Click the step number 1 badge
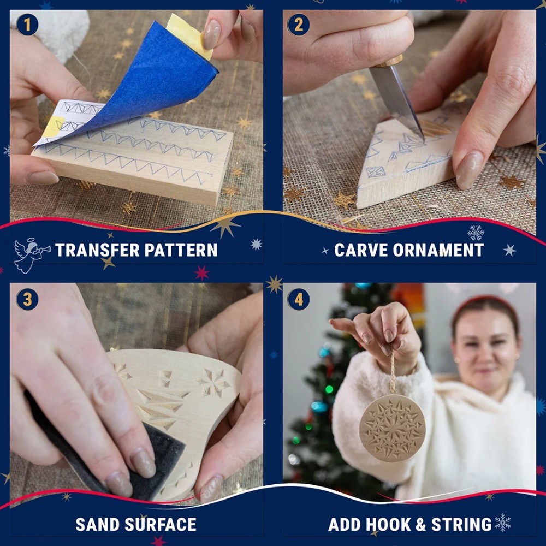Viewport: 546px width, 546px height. pyautogui.click(x=27, y=25)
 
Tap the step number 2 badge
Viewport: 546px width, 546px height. pyautogui.click(x=299, y=25)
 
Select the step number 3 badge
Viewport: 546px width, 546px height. pyautogui.click(x=27, y=299)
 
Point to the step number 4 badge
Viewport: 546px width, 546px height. pyautogui.click(x=299, y=299)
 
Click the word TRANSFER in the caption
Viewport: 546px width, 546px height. pyautogui.click(x=97, y=250)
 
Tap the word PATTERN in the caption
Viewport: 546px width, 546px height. pyautogui.click(x=181, y=250)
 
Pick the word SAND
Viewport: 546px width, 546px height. pyautogui.click(x=98, y=524)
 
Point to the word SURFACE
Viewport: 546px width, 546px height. pyautogui.click(x=161, y=524)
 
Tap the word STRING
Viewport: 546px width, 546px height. pyautogui.click(x=461, y=524)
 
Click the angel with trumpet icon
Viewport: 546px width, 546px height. pyautogui.click(x=31, y=254)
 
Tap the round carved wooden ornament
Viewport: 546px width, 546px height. pyautogui.click(x=392, y=428)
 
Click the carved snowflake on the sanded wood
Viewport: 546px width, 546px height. pyautogui.click(x=213, y=382)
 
